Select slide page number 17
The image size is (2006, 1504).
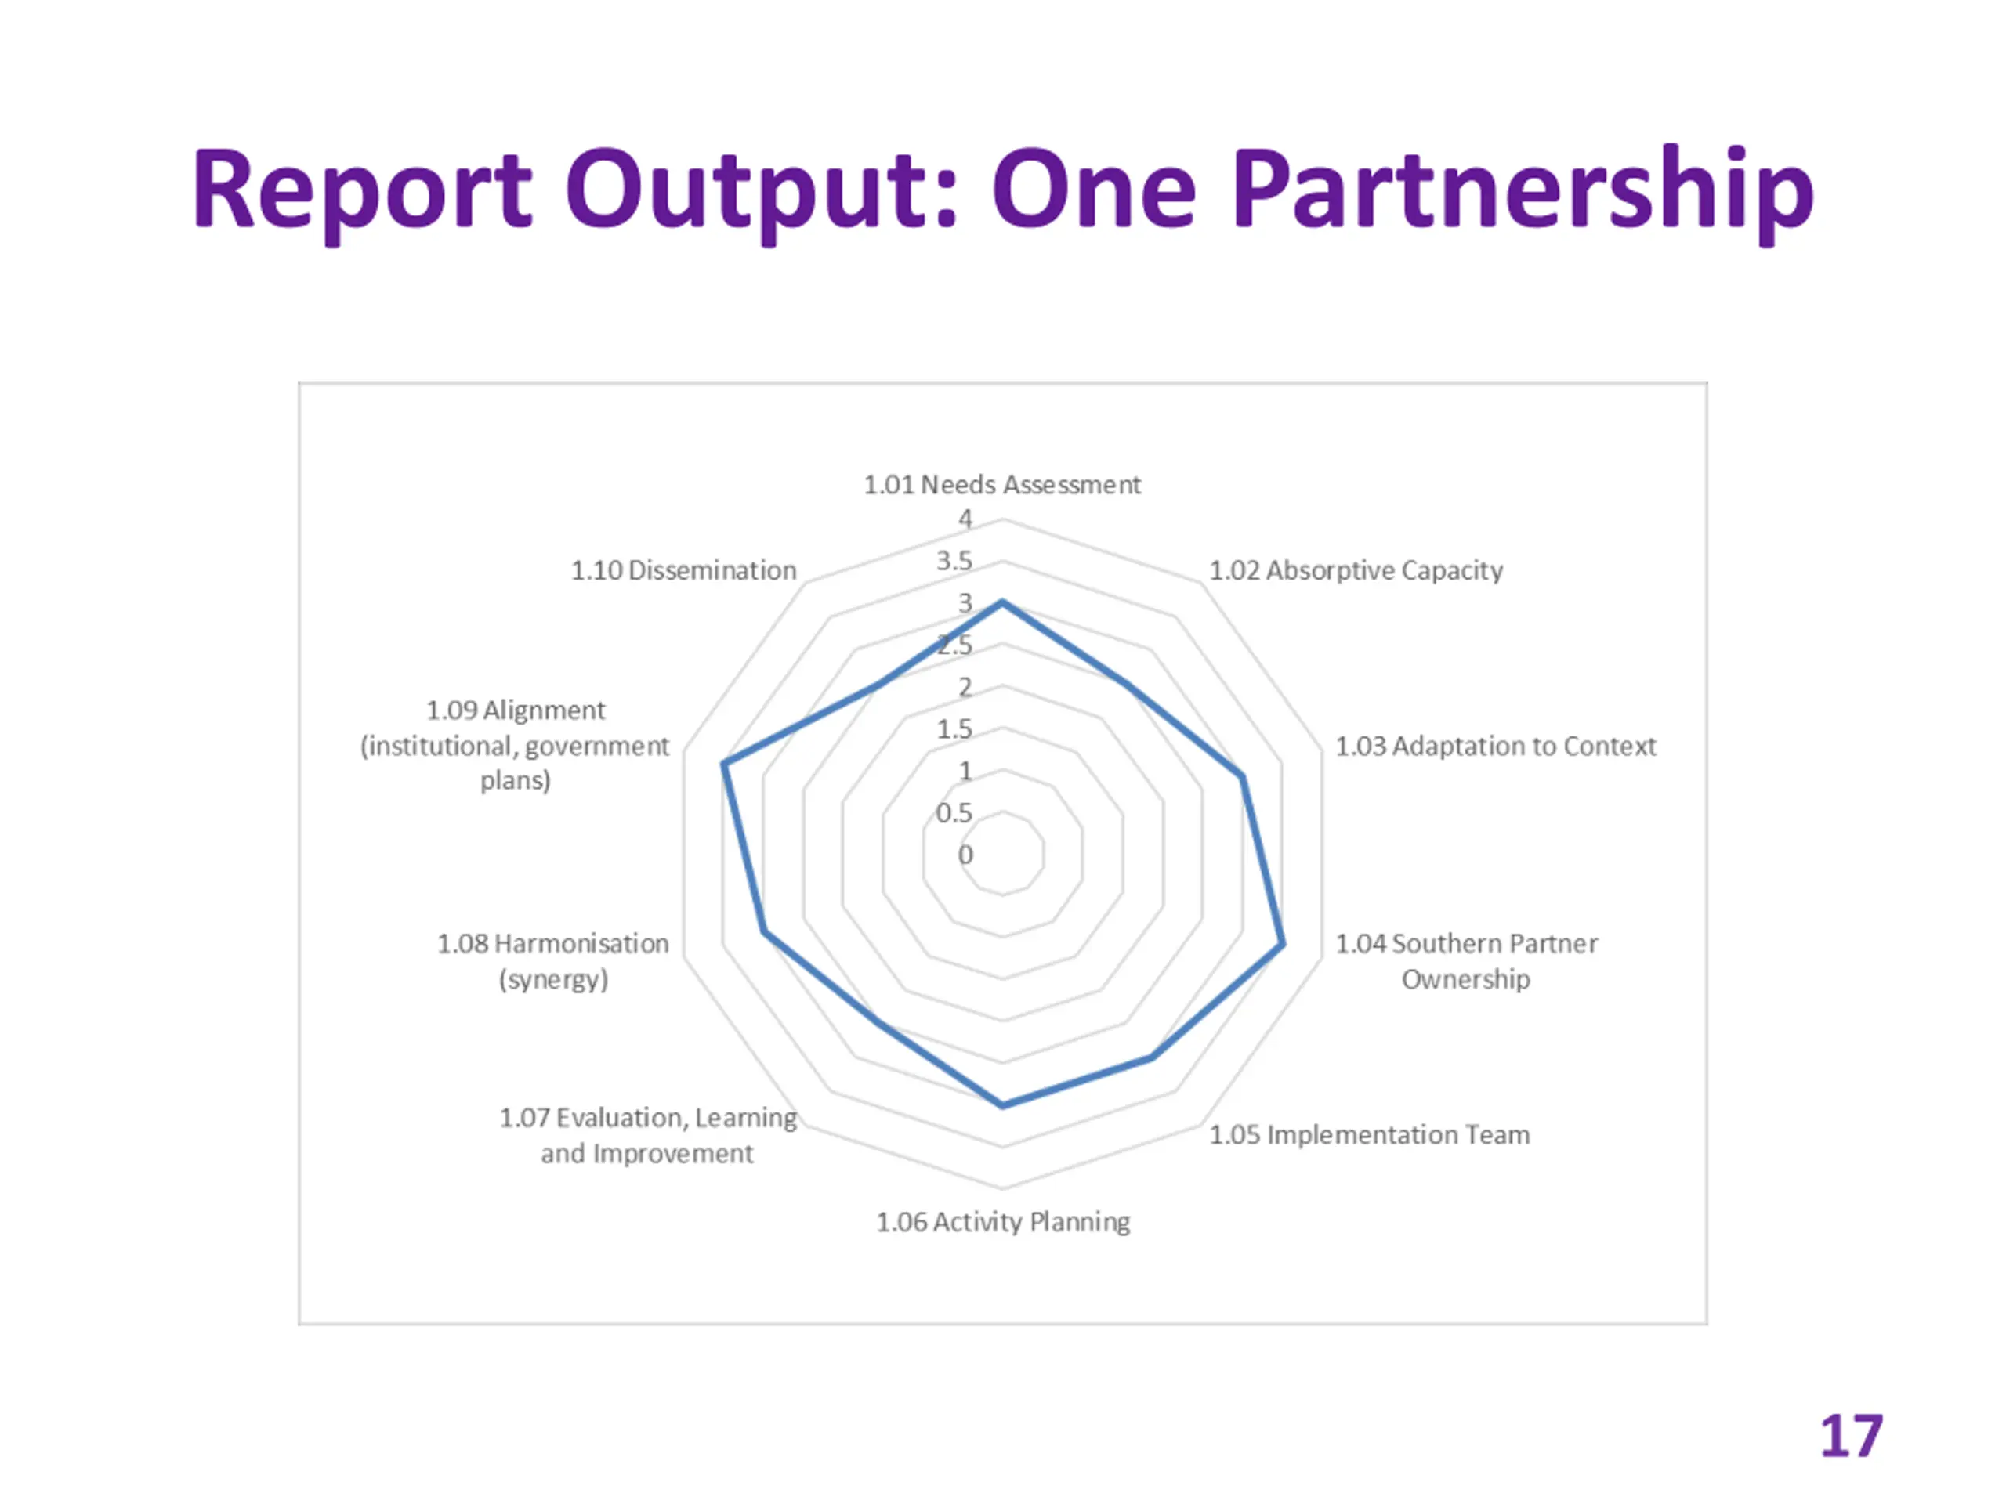[x=1851, y=1436]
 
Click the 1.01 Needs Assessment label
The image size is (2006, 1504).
[x=1001, y=485]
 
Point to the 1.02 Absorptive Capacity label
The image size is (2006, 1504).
[x=1356, y=570]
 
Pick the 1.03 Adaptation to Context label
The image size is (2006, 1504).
[x=1494, y=746]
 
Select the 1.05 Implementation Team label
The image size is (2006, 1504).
[x=1370, y=1135]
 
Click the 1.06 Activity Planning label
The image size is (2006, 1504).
[x=1002, y=1222]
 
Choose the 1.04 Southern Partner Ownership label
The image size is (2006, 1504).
[x=1465, y=961]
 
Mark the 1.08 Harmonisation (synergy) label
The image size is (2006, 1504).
[x=553, y=961]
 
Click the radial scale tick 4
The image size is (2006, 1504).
[x=965, y=519]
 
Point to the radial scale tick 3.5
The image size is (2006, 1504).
[x=954, y=560]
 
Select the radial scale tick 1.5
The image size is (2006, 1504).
[x=954, y=728]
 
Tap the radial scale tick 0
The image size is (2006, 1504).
[x=965, y=854]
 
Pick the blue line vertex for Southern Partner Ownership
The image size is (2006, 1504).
[x=1281, y=945]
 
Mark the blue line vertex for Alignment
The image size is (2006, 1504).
[x=722, y=765]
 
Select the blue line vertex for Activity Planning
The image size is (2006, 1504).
[x=1002, y=1105]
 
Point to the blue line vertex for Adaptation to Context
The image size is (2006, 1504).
[x=1241, y=777]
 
